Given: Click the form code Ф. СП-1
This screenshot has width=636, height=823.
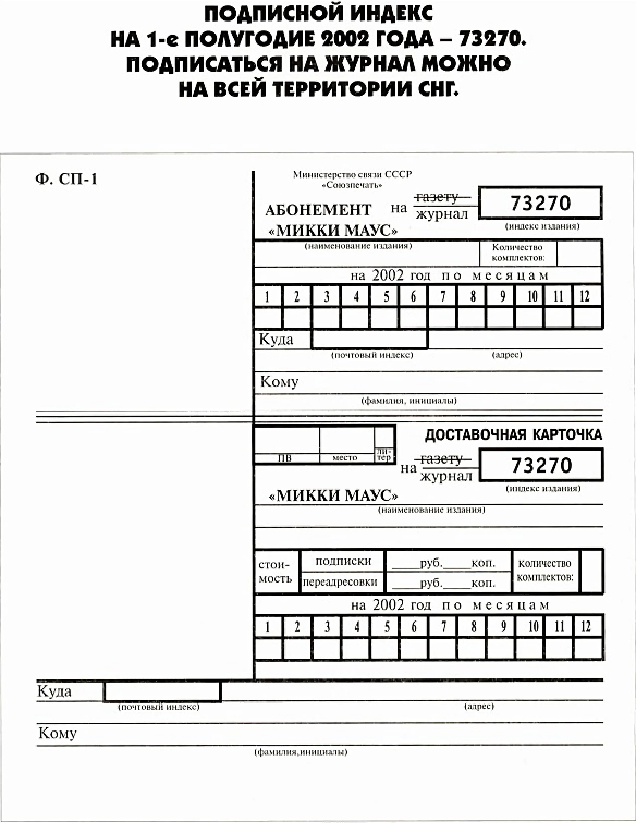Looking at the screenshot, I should click(x=66, y=179).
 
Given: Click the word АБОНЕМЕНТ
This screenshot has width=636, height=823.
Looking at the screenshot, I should click(x=318, y=210).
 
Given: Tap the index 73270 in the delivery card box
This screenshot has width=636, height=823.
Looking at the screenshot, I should click(x=541, y=465).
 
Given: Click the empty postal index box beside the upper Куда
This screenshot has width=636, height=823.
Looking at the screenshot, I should click(x=369, y=339).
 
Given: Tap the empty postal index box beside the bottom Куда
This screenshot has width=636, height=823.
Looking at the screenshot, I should click(x=162, y=692).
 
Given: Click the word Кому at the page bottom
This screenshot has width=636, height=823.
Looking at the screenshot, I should click(x=58, y=733).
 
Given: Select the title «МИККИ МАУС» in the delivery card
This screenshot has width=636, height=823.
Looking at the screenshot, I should click(x=333, y=495).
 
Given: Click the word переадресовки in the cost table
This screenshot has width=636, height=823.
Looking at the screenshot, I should click(x=340, y=582).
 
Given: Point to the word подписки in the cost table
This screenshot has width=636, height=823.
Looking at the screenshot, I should click(x=343, y=561).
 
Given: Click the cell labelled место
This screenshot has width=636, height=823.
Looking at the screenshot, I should click(x=345, y=457).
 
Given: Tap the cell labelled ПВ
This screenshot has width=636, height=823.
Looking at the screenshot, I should click(x=285, y=458).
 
